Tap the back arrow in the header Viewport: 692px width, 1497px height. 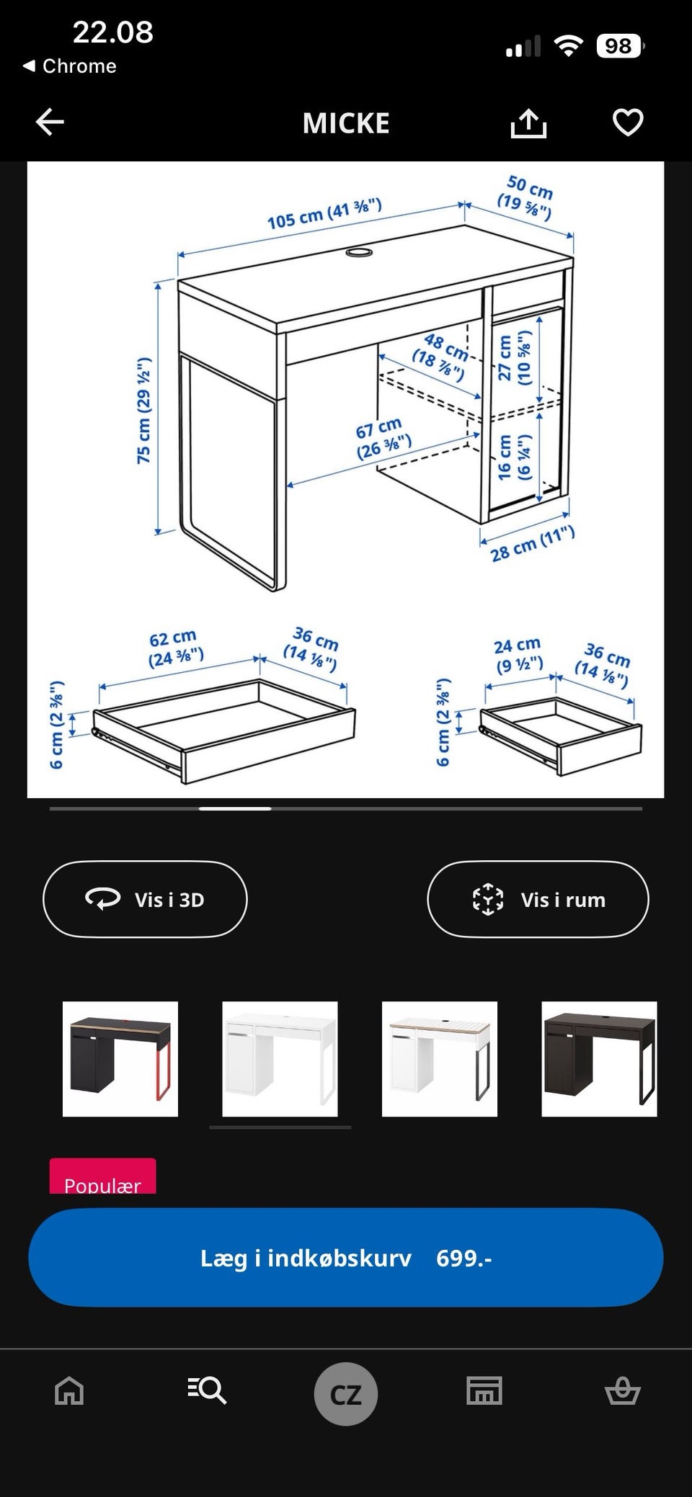click(50, 122)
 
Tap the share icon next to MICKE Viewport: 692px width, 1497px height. click(528, 122)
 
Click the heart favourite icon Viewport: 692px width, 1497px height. click(628, 122)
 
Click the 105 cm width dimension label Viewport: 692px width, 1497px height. click(324, 214)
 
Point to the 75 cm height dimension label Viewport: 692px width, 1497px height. click(144, 411)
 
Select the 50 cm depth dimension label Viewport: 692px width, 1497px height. click(527, 197)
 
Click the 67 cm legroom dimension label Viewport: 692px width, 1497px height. click(382, 438)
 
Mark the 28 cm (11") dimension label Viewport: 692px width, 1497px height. click(533, 544)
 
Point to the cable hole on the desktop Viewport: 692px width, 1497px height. click(358, 251)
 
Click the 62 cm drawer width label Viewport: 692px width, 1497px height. click(175, 648)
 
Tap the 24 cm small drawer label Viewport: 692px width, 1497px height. click(518, 654)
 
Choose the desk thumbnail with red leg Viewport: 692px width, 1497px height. click(120, 1059)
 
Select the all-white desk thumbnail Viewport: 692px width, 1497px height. click(280, 1059)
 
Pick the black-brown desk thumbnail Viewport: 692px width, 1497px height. click(599, 1059)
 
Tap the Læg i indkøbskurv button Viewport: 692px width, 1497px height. click(346, 1257)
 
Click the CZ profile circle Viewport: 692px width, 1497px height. click(346, 1394)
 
